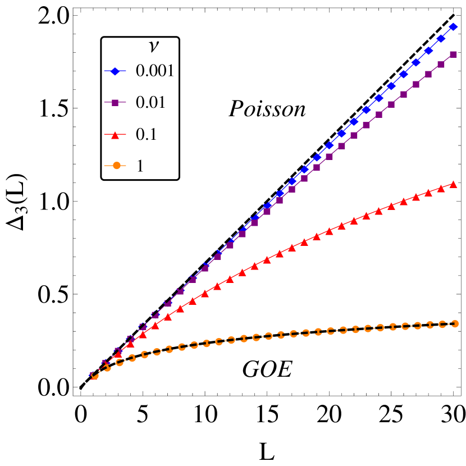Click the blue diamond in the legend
coord(115,71)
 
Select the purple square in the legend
coord(115,103)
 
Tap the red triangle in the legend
coord(115,135)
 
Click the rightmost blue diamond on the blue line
coord(454,26)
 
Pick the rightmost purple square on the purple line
coord(454,54)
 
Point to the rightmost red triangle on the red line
coord(454,184)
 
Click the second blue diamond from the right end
coord(441,38)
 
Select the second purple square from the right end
coord(441,65)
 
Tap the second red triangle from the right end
coord(441,189)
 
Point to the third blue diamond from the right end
coord(429,51)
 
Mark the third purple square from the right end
coord(429,74)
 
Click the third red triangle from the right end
coord(429,193)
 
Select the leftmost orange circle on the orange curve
coord(95,376)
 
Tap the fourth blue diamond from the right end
coord(416,62)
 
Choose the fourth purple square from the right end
coord(416,84)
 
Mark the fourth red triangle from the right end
coord(416,197)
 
